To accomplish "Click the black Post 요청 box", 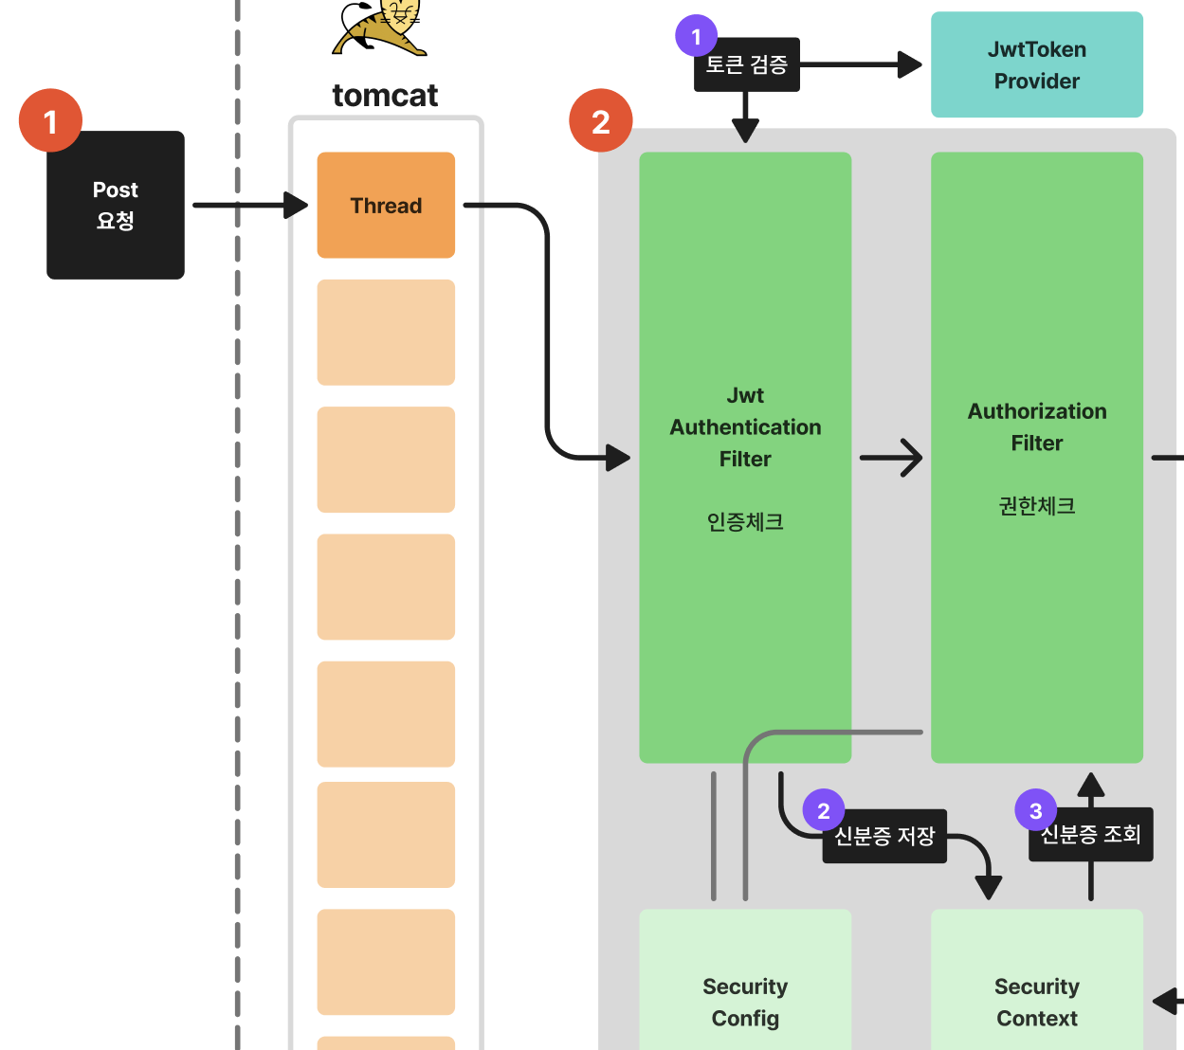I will pos(116,205).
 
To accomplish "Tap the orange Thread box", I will pos(386,205).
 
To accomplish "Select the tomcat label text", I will pos(385,95).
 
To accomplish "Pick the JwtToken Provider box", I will pos(1036,64).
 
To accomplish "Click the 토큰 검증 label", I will pos(747,65).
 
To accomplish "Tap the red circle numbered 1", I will pos(50,121).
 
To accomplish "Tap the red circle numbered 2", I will pos(600,121).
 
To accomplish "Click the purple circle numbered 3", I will pos(1035,810).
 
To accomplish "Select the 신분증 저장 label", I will pos(885,836).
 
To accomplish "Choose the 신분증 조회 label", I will pos(1091,835).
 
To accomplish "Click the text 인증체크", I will pos(745,522).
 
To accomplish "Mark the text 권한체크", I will pos(1036,506).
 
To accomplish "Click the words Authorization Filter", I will pos(1036,426).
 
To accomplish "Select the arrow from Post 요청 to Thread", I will pos(249,205).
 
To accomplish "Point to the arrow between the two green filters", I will pos(890,458).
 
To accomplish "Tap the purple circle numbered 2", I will pos(823,810).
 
